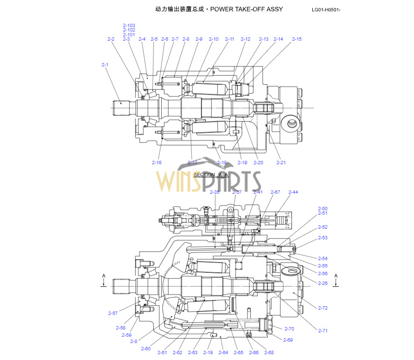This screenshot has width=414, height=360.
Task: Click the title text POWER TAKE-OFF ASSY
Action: [x=247, y=9]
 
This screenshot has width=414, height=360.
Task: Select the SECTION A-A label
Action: [x=211, y=174]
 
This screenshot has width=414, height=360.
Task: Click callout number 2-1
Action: [x=105, y=64]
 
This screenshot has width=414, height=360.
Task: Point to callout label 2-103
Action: [x=129, y=25]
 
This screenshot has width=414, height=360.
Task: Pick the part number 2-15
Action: [x=296, y=39]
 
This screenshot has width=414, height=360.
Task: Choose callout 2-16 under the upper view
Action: [x=156, y=162]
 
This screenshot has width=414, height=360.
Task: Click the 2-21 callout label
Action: [x=281, y=162]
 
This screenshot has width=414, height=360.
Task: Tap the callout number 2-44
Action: [x=293, y=192]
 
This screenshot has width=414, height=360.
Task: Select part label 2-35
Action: [x=215, y=192]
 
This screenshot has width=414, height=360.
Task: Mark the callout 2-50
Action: [x=322, y=208]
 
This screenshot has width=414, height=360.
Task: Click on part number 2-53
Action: [x=322, y=237]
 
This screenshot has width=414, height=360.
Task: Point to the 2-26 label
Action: [x=322, y=283]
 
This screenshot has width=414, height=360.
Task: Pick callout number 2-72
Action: [x=322, y=308]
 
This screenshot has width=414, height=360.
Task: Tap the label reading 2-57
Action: [x=113, y=313]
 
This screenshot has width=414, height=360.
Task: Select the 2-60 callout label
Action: [x=146, y=349]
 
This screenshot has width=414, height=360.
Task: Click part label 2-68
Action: [x=269, y=352]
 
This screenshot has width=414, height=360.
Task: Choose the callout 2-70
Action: [x=289, y=329]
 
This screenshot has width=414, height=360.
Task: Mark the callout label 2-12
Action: [x=245, y=39]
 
